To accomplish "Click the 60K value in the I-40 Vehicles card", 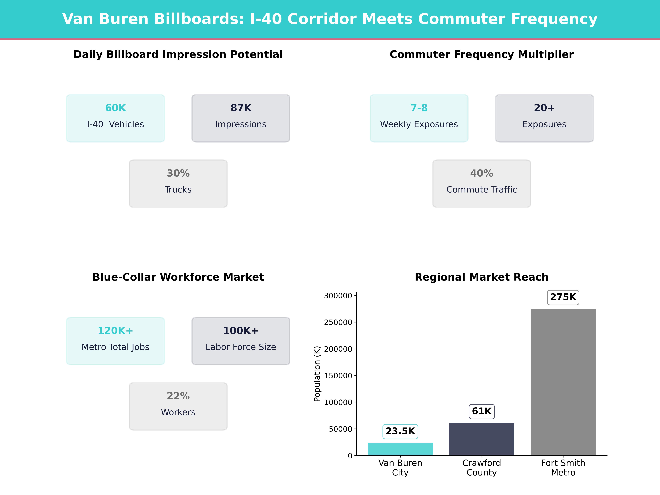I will pos(116,108).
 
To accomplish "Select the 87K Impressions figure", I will pos(241,108).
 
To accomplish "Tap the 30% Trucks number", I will pos(178,173).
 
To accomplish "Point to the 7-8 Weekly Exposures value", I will pos(419,108).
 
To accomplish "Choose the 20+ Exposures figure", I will pos(544,108).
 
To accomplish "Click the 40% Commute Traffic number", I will pos(482,173).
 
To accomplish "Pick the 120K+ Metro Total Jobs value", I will pos(116,331).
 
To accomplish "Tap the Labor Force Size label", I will pos(241,347).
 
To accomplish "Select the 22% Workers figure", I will pos(178,396).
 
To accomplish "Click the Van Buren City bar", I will pos(400,449).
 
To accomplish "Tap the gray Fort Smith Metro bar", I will pos(563,382).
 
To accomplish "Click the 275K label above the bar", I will pos(563,297).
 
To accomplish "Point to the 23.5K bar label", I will pos(400,431).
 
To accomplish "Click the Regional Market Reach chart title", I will pos(482,277).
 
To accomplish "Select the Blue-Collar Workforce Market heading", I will pos(178,277).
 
